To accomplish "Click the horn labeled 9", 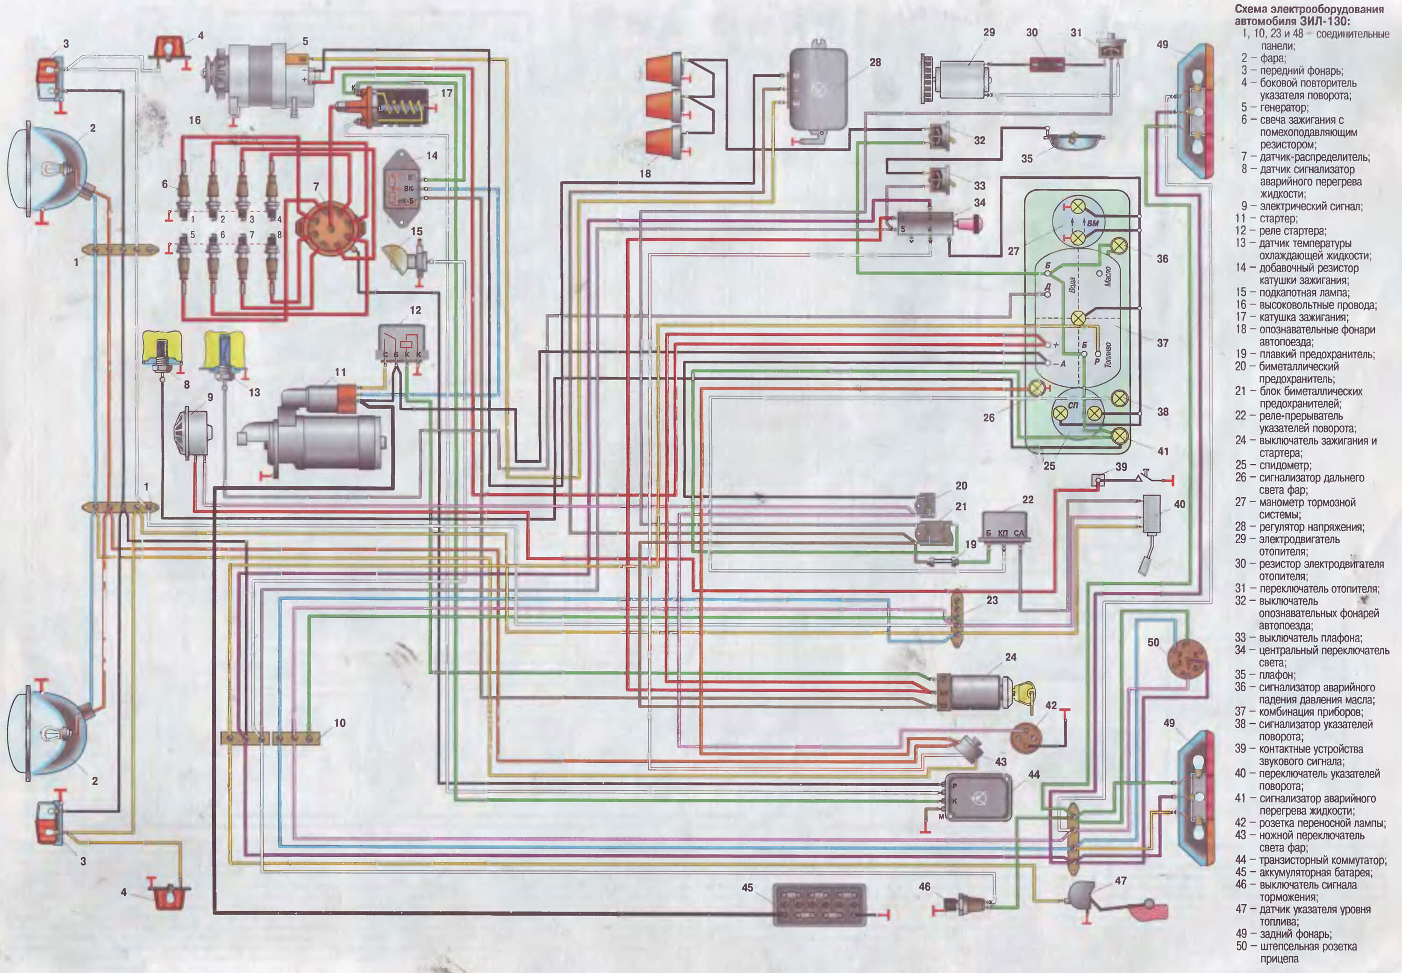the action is (194, 433).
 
